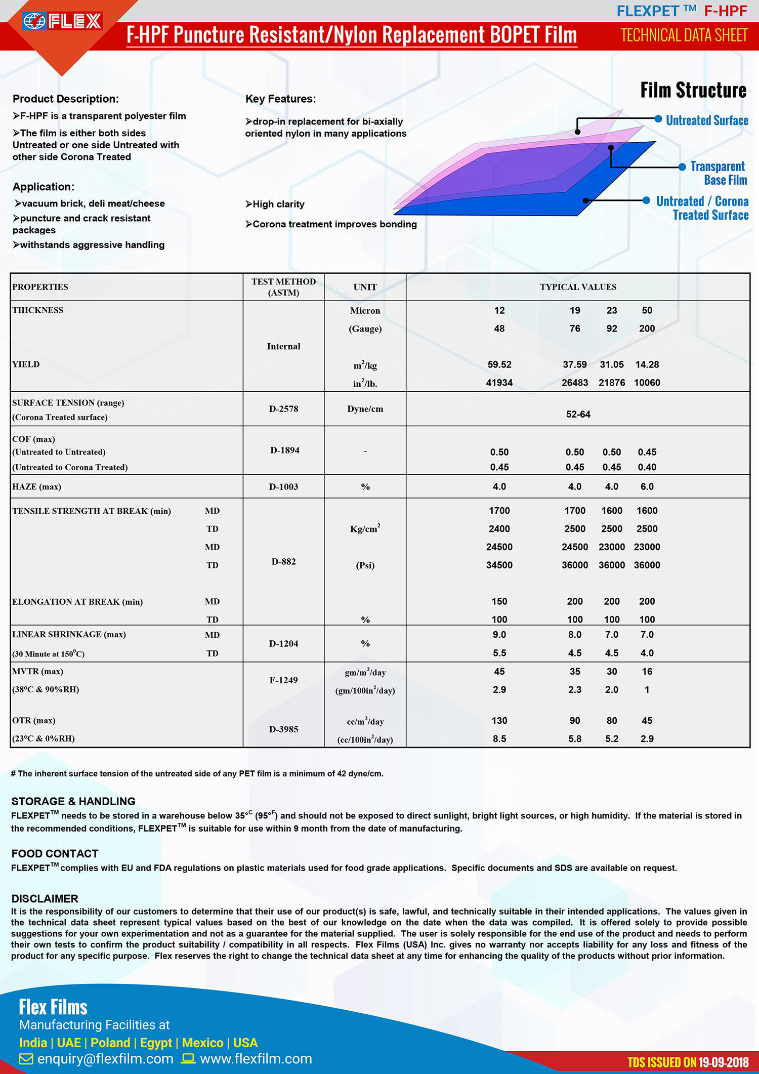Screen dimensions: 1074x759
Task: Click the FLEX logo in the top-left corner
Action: click(62, 21)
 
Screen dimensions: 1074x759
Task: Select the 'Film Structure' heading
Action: click(693, 90)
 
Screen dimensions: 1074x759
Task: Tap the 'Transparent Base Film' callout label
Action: click(719, 173)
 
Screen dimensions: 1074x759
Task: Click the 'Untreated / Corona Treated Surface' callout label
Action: click(703, 208)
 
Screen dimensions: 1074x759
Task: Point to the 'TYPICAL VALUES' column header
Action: click(578, 287)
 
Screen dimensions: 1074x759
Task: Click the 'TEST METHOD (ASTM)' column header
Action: click(283, 287)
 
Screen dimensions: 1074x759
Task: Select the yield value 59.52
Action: click(499, 364)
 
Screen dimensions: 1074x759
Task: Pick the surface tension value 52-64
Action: click(578, 414)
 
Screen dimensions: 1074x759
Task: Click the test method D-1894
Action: click(284, 450)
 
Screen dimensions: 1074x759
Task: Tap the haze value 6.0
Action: click(647, 486)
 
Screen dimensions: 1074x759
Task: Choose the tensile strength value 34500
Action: click(499, 565)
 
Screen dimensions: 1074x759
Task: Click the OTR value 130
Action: click(499, 720)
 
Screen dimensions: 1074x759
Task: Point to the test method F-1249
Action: click(283, 680)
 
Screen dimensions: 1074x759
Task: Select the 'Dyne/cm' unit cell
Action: click(365, 409)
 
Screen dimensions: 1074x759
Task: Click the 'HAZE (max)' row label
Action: click(36, 486)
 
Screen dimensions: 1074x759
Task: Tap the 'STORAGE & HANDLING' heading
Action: click(73, 801)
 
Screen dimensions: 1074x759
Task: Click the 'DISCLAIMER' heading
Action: click(45, 898)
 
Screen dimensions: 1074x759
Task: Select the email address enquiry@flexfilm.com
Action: click(105, 1058)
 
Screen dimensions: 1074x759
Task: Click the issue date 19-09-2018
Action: click(723, 1062)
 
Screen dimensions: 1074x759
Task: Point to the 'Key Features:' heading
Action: click(280, 99)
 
